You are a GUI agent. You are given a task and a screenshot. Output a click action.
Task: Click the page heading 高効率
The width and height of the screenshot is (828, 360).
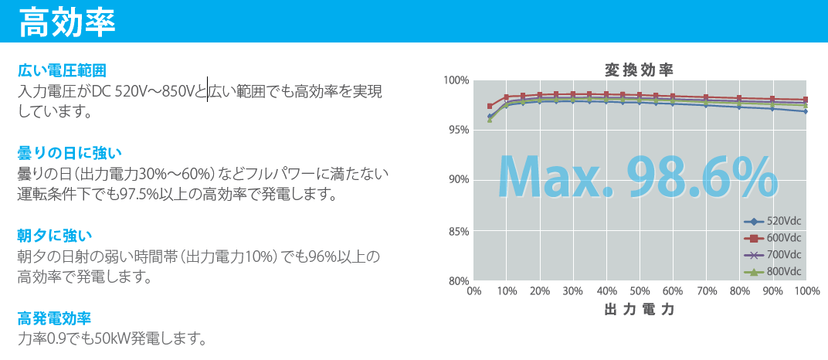(67, 22)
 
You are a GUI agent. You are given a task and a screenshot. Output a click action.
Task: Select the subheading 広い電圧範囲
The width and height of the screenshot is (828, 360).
(63, 70)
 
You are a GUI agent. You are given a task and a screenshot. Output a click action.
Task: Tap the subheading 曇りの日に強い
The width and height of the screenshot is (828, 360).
(70, 154)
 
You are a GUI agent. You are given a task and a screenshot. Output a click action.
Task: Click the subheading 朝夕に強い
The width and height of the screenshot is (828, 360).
(55, 236)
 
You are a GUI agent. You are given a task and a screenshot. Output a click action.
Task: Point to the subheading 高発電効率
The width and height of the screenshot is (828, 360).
(54, 318)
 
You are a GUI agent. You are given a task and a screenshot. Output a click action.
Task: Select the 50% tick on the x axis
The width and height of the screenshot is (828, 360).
(640, 290)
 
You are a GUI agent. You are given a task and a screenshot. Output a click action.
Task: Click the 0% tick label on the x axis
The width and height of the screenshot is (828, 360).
(473, 290)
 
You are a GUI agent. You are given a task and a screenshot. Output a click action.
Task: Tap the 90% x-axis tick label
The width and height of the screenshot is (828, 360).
(773, 290)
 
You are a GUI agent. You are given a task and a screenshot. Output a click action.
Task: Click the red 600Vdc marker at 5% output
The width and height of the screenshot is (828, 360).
(490, 106)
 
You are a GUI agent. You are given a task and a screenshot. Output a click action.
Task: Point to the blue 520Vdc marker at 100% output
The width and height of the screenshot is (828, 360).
(806, 111)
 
